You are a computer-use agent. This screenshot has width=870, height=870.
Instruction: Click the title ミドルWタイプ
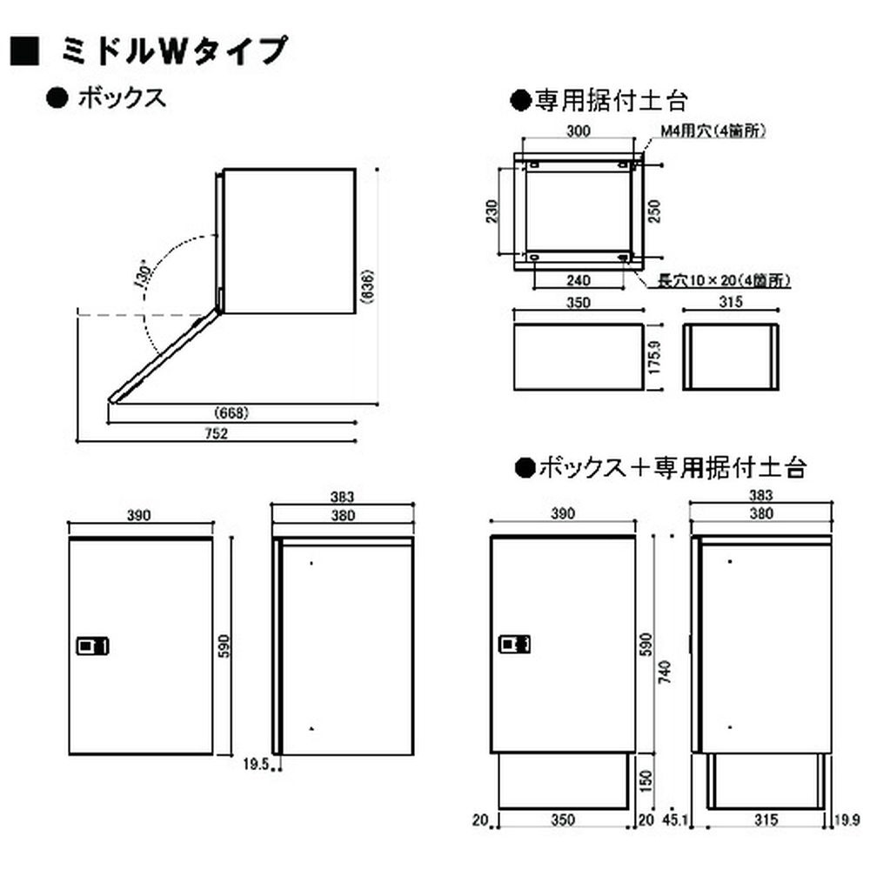(174, 51)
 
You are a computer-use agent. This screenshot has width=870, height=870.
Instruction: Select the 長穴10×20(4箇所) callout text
(723, 280)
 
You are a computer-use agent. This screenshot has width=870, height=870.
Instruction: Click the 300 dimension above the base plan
(579, 131)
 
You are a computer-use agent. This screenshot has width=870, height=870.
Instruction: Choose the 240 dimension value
(579, 280)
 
